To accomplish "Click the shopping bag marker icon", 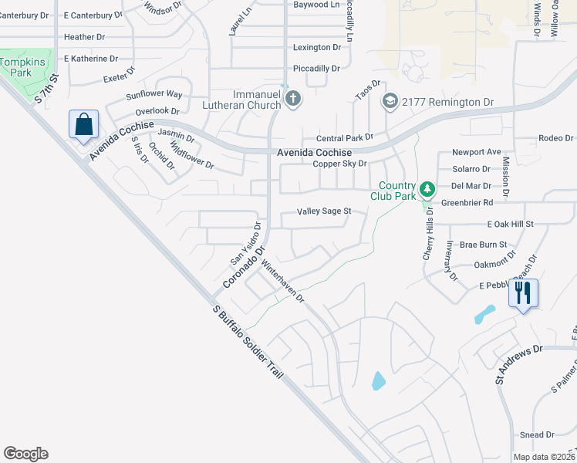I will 83,124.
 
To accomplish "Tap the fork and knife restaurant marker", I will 524,292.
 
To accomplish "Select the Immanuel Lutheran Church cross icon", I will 292,98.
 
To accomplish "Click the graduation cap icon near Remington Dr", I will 390,101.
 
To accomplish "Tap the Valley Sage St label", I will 324,211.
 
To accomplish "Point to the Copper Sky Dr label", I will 339,164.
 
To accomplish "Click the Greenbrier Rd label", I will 467,203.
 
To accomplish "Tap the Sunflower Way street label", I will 154,94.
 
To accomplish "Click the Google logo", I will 25,454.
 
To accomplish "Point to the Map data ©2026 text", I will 543,457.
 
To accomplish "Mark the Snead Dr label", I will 537,435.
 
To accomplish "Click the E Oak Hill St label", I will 510,224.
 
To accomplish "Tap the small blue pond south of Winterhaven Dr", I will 378,380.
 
